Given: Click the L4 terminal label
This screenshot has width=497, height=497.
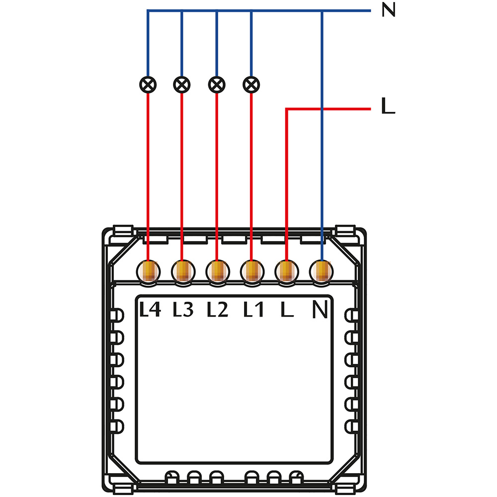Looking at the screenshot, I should coord(150,310).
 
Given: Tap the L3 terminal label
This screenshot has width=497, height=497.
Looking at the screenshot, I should coord(183,310).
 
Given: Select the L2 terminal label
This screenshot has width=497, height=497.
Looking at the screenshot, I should coord(217,310).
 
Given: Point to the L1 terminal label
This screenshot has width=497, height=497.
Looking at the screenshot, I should coord(253,310).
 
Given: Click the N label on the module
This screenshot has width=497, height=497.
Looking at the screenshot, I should coord(321,310).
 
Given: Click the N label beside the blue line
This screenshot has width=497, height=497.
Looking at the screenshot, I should coord(388,10).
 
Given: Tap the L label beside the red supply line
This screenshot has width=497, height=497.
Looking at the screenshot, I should coord(388,107).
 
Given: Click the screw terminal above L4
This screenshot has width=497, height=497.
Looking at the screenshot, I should coord(149,271).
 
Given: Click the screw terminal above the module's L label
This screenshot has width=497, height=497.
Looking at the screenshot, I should coord(287,271).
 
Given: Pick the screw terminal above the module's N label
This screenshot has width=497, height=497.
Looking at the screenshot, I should coord(322,271).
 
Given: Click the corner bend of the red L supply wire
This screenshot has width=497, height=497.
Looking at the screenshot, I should coord(287,108).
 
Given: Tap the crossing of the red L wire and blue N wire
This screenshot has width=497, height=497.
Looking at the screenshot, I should coord(322,108).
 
